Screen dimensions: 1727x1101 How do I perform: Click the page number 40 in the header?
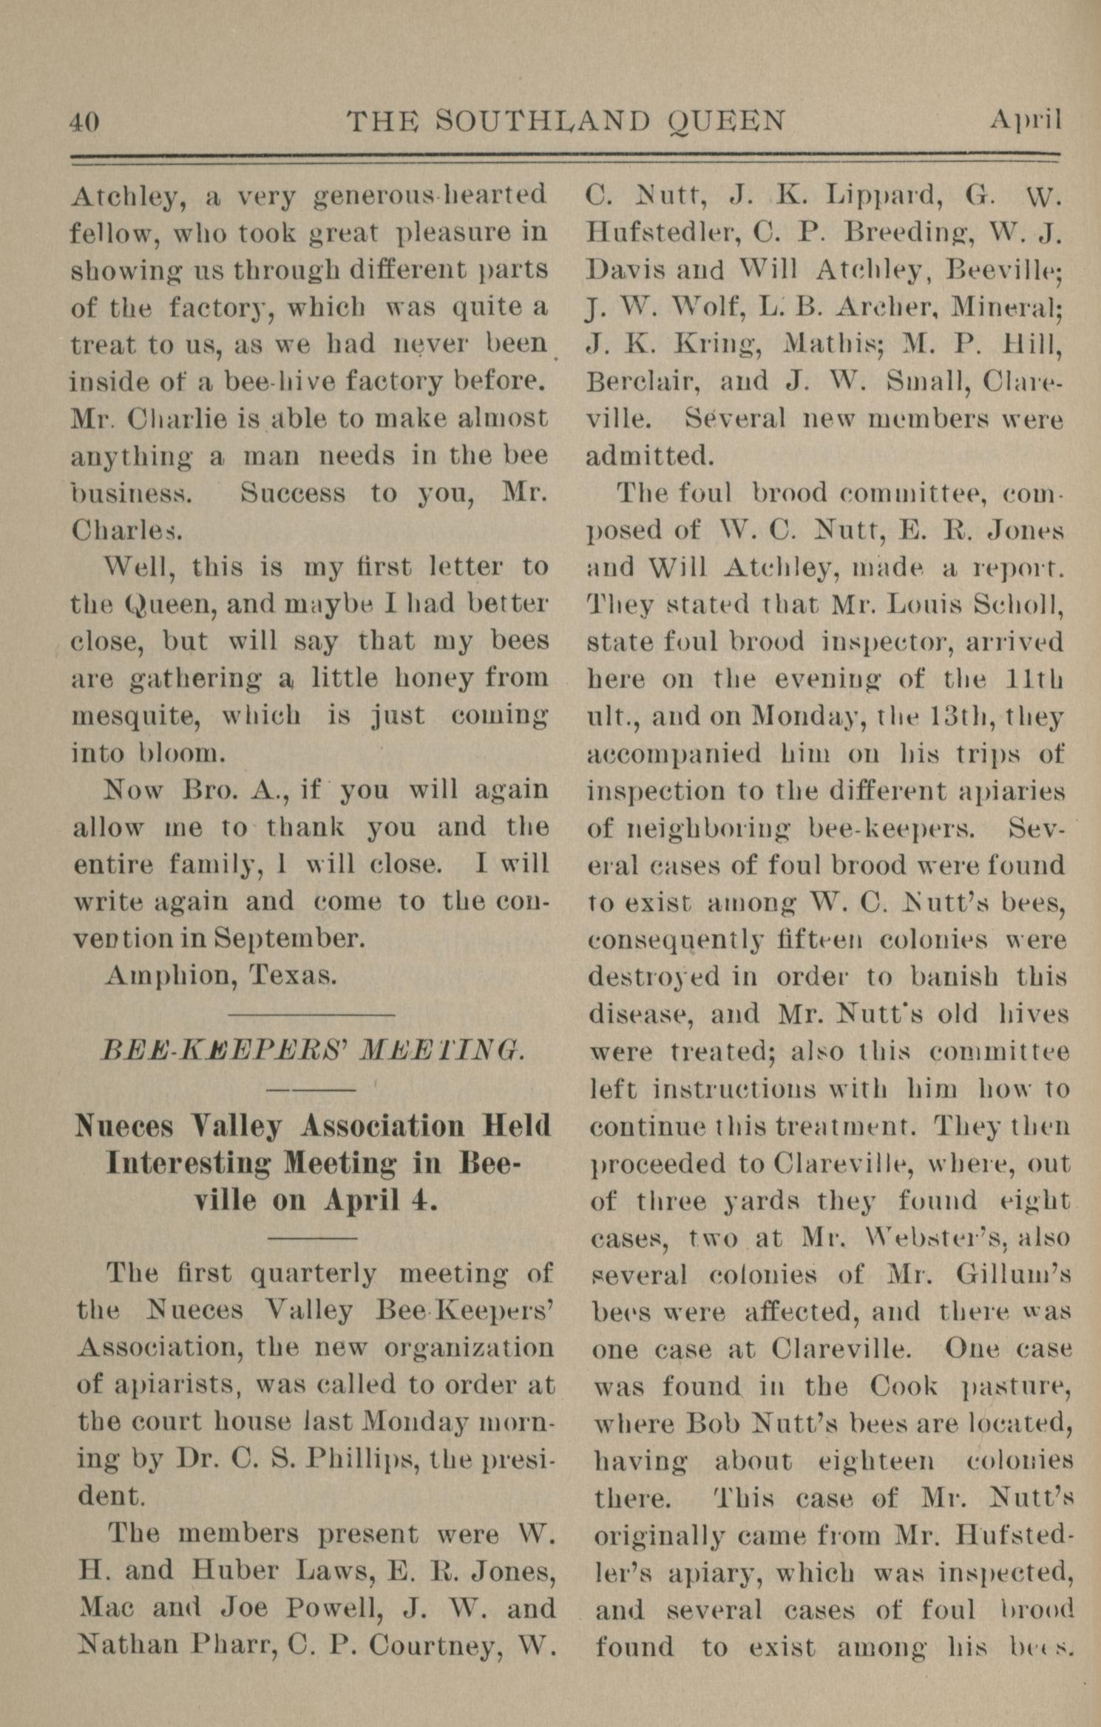click(84, 121)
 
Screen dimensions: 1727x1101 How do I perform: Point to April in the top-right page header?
click(1025, 121)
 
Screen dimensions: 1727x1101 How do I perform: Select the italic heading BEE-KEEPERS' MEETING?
click(313, 1052)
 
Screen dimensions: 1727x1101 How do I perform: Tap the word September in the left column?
click(290, 939)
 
